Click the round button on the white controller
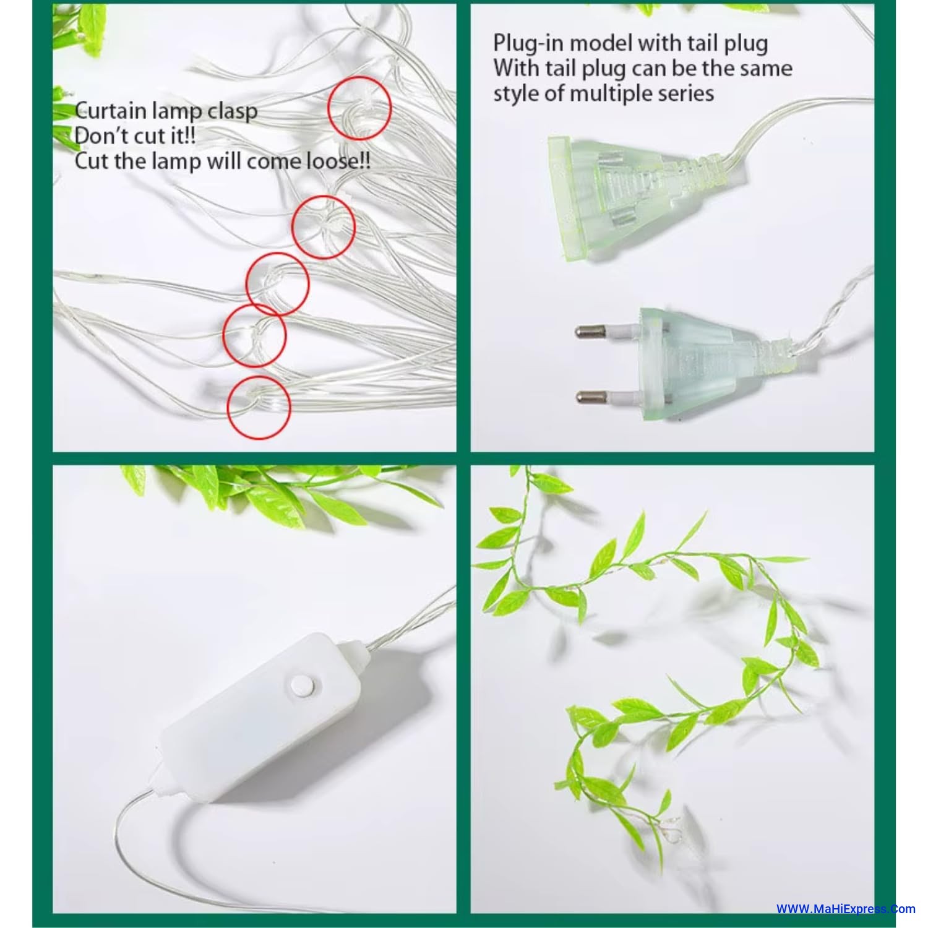(x=301, y=685)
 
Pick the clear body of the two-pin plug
(x=705, y=361)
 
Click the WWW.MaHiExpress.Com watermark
(x=846, y=909)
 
